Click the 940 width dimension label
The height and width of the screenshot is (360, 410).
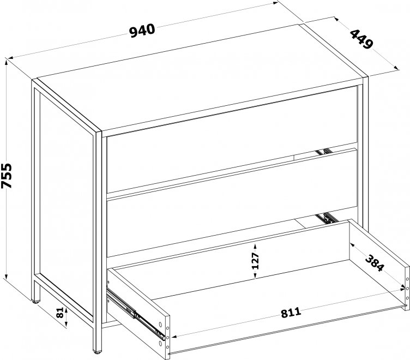[142, 31]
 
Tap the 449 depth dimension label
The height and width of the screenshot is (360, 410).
[361, 39]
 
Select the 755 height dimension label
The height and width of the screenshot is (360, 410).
[7, 176]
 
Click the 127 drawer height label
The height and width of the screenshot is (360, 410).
[255, 261]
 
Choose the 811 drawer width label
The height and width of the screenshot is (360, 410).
[291, 313]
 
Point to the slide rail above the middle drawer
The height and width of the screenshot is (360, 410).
[324, 152]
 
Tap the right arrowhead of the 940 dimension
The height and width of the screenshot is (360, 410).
[275, 3]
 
